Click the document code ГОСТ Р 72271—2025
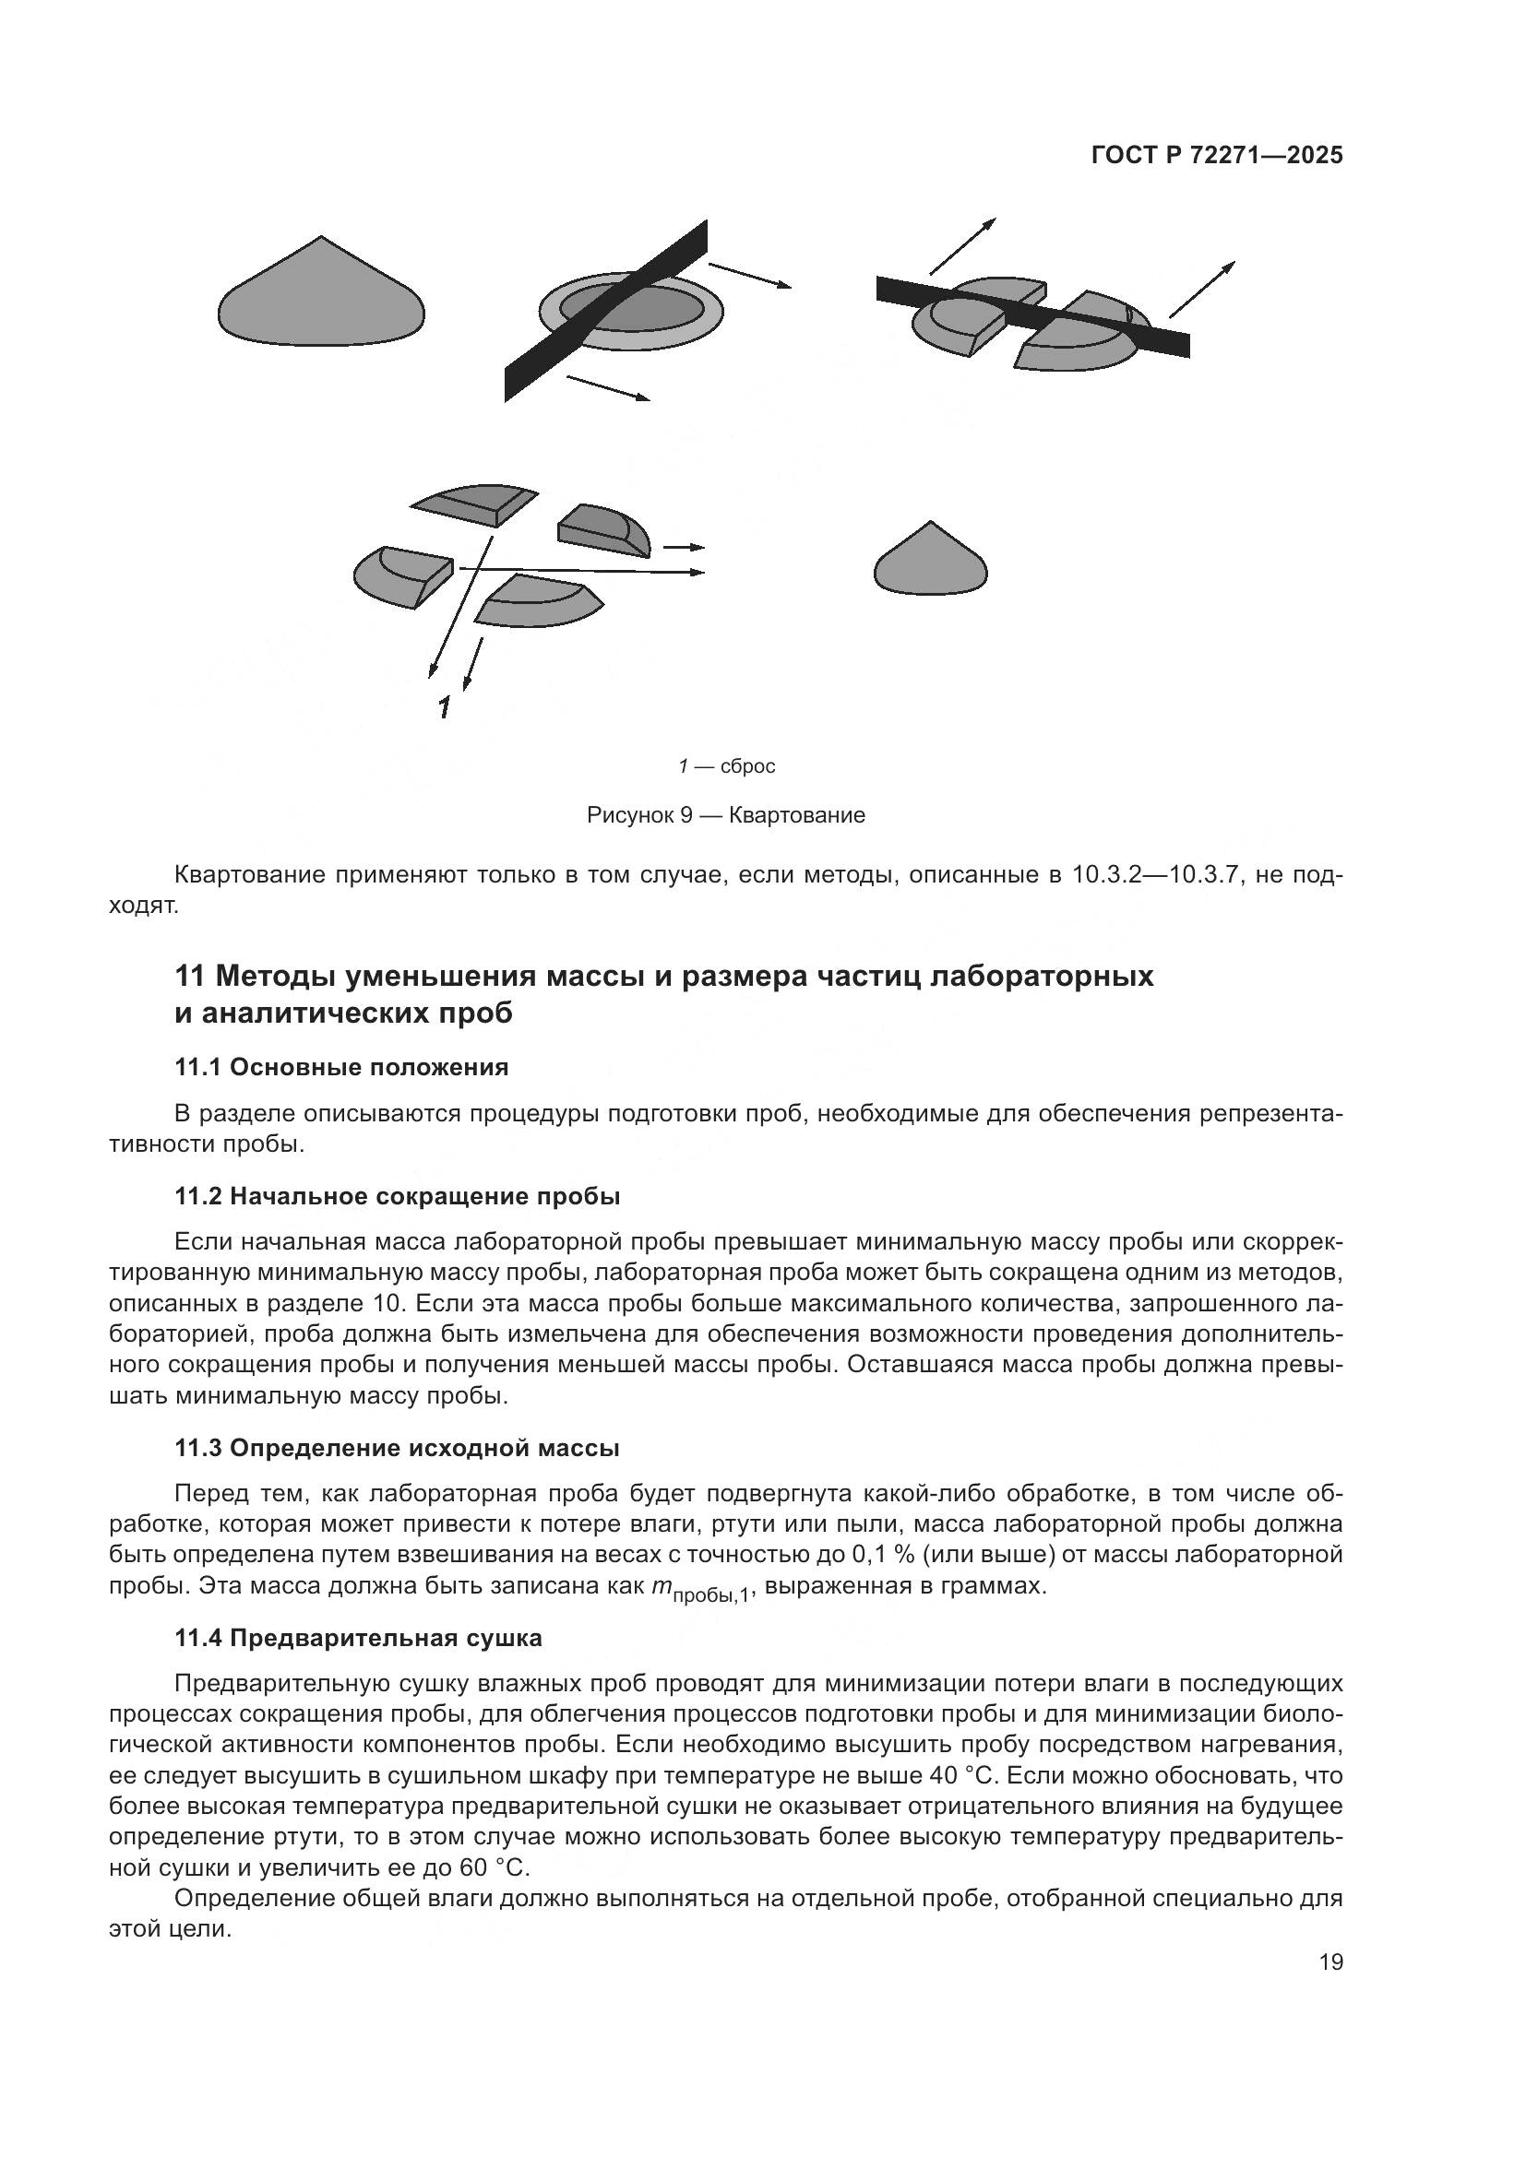[1217, 156]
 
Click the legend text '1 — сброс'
[726, 766]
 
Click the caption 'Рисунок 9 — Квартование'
[725, 815]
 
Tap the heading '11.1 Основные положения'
[341, 1067]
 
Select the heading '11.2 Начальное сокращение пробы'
[397, 1197]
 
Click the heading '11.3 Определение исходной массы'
[397, 1449]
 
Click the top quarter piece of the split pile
[474, 504]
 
